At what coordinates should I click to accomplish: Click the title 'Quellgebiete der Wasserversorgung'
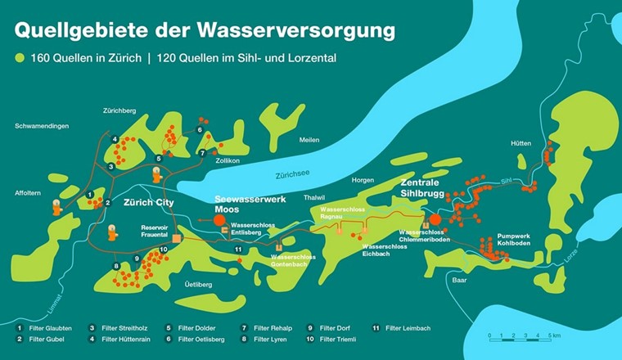pyautogui.click(x=204, y=31)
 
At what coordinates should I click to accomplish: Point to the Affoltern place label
pyautogui.click(x=29, y=193)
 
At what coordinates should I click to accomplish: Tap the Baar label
pyautogui.click(x=458, y=279)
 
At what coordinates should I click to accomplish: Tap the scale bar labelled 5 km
pyautogui.click(x=524, y=335)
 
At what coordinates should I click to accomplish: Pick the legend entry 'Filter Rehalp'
pyautogui.click(x=266, y=328)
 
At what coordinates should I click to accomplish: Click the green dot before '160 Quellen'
pyautogui.click(x=20, y=58)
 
